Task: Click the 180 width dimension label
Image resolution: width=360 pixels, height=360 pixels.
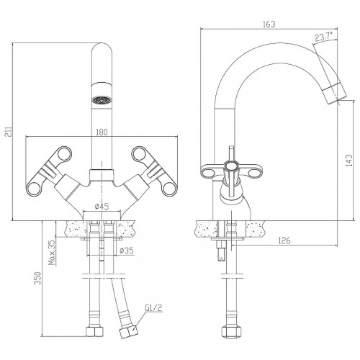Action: click(x=102, y=132)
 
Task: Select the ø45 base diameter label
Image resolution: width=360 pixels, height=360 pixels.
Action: click(x=102, y=207)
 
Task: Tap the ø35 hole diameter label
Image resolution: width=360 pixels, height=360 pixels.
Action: click(x=126, y=251)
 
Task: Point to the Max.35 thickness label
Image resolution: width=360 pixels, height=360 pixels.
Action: click(x=52, y=252)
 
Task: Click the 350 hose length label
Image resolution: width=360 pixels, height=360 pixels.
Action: click(x=37, y=278)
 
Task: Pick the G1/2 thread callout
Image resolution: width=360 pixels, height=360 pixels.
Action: click(x=154, y=308)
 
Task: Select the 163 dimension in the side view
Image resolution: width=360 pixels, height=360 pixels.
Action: click(x=269, y=24)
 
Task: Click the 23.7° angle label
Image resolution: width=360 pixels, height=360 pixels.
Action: click(x=324, y=37)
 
